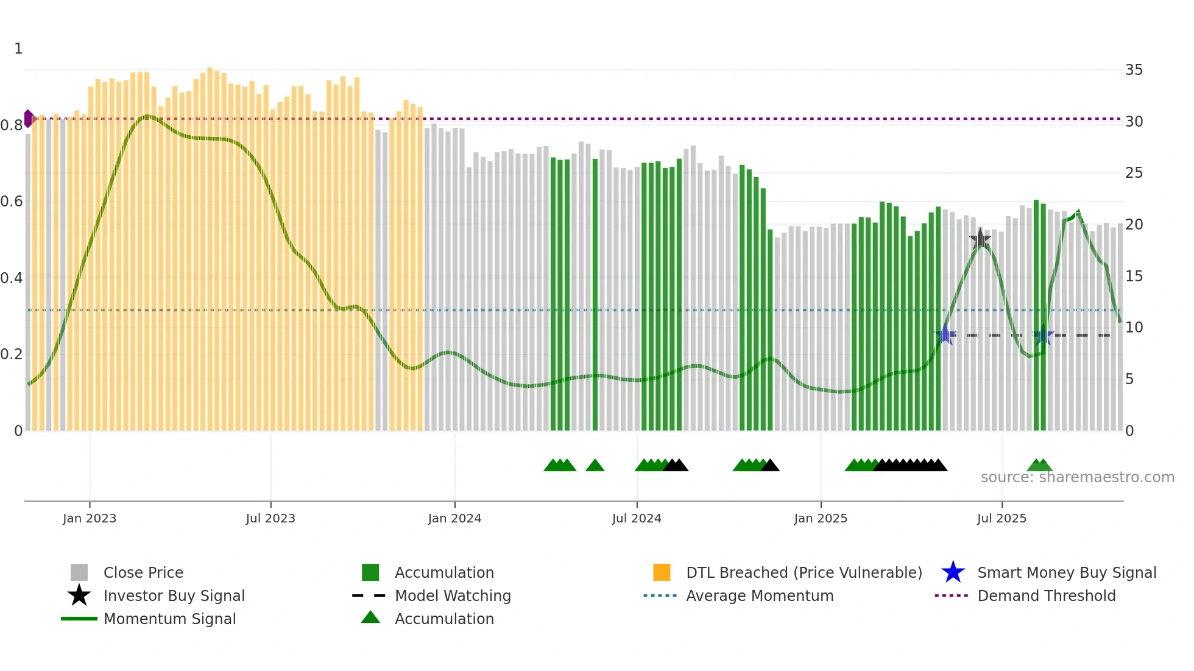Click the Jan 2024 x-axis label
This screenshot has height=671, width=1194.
coord(454,518)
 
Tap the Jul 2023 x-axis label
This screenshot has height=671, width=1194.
coord(270,518)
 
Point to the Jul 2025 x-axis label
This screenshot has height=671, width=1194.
coord(1001,518)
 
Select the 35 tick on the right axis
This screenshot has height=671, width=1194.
coord(1134,70)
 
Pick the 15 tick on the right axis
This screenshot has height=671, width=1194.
coord(1134,276)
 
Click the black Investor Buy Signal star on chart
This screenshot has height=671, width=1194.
coord(980,239)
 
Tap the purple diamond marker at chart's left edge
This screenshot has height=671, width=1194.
coord(29,118)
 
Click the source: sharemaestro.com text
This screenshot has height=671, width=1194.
coord(1077,477)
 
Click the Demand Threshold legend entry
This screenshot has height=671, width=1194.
coord(1046,595)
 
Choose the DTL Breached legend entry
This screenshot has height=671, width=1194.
coord(804,572)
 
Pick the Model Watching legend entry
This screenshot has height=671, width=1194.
coord(453,595)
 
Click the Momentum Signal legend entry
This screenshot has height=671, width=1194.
coord(169,619)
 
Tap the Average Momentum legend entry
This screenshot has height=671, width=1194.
coord(760,595)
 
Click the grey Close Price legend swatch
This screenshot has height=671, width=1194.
coord(79,572)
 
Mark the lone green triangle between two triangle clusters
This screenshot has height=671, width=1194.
coord(595,466)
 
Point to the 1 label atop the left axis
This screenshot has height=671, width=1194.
coord(18,49)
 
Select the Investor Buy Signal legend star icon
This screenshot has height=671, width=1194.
coord(79,595)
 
